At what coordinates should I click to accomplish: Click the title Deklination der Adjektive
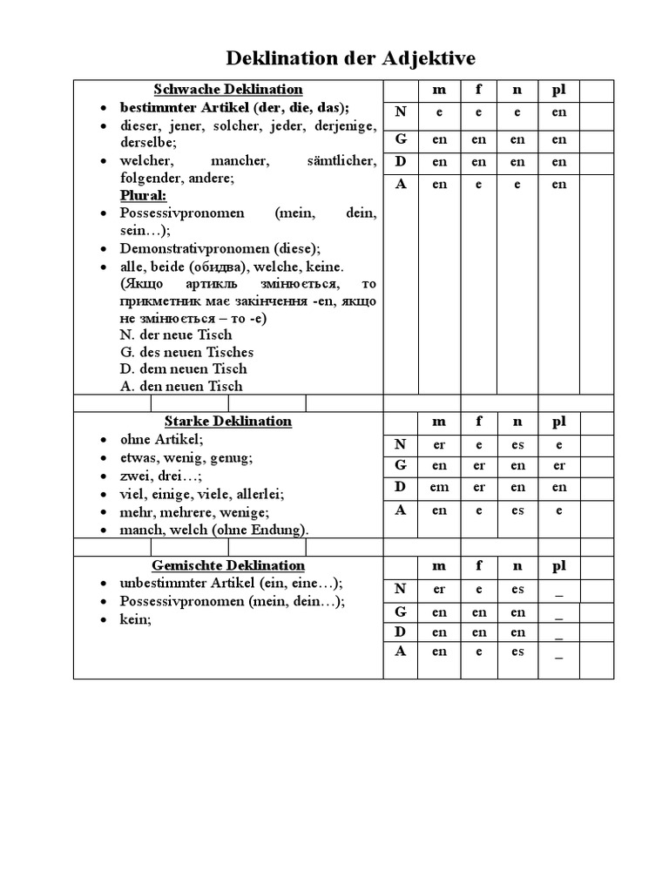click(351, 58)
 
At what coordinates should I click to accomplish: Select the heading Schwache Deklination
click(228, 89)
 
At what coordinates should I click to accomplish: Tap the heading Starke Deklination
click(228, 421)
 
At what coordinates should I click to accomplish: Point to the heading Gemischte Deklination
click(228, 565)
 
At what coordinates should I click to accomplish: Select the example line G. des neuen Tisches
click(186, 352)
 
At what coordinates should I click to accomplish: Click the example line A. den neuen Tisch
click(181, 386)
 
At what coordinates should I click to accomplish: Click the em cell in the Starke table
click(439, 488)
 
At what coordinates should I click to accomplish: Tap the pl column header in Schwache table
click(558, 90)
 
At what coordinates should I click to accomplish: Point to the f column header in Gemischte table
click(478, 566)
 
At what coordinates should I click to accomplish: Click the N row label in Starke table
click(401, 444)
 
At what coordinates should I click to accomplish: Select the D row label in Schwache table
click(401, 161)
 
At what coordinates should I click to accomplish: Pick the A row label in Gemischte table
click(401, 651)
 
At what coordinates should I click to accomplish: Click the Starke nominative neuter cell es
click(517, 445)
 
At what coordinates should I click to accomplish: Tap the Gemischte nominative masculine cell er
click(439, 590)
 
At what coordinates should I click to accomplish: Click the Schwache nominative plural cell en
click(558, 112)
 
